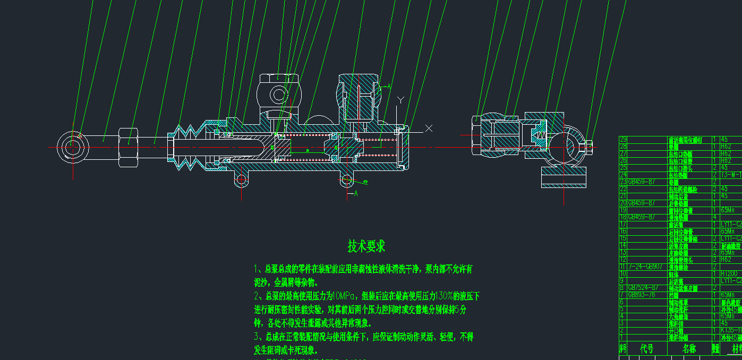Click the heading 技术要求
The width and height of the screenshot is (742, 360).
[x=366, y=246]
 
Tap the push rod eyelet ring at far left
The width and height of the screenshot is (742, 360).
[x=70, y=145]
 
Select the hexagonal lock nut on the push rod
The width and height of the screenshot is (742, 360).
[x=128, y=142]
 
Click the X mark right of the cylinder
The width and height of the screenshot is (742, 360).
[x=429, y=128]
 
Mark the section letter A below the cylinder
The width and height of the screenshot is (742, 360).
[x=356, y=194]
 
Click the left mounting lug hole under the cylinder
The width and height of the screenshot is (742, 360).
[x=241, y=179]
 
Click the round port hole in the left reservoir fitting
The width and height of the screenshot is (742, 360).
[x=279, y=95]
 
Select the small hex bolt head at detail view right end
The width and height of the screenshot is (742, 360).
[x=589, y=145]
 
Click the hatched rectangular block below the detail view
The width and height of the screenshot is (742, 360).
[x=564, y=177]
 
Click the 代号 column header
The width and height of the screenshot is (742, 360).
[x=646, y=349]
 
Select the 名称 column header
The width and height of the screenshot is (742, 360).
[x=689, y=349]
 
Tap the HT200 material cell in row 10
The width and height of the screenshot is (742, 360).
[x=730, y=273]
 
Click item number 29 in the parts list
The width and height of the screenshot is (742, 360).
[x=624, y=139]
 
